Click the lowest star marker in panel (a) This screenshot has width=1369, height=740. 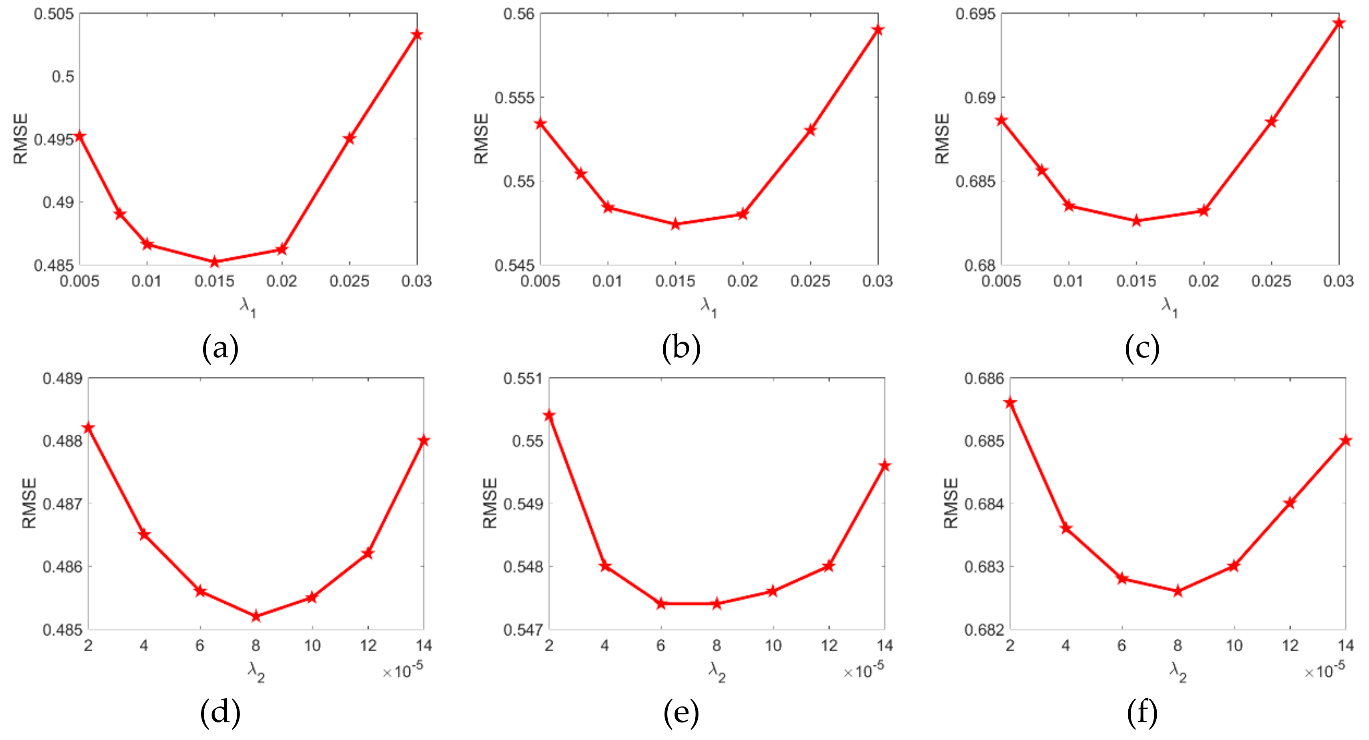(x=215, y=261)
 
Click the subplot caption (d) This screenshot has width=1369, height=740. (x=220, y=713)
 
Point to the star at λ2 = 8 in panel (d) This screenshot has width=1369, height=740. (x=255, y=616)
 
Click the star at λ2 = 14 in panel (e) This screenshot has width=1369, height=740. (x=884, y=466)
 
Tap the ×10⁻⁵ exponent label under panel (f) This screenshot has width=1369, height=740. (x=1324, y=670)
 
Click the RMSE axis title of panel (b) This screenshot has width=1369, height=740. (x=481, y=139)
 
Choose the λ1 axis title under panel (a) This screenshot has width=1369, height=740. (x=247, y=306)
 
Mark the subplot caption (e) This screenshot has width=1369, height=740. (x=681, y=713)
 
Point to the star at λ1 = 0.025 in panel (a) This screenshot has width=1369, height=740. (x=349, y=138)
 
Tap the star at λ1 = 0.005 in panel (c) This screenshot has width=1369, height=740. (x=1001, y=120)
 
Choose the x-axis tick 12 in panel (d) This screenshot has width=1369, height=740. (x=368, y=645)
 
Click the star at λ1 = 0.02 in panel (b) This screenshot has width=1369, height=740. (x=742, y=214)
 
